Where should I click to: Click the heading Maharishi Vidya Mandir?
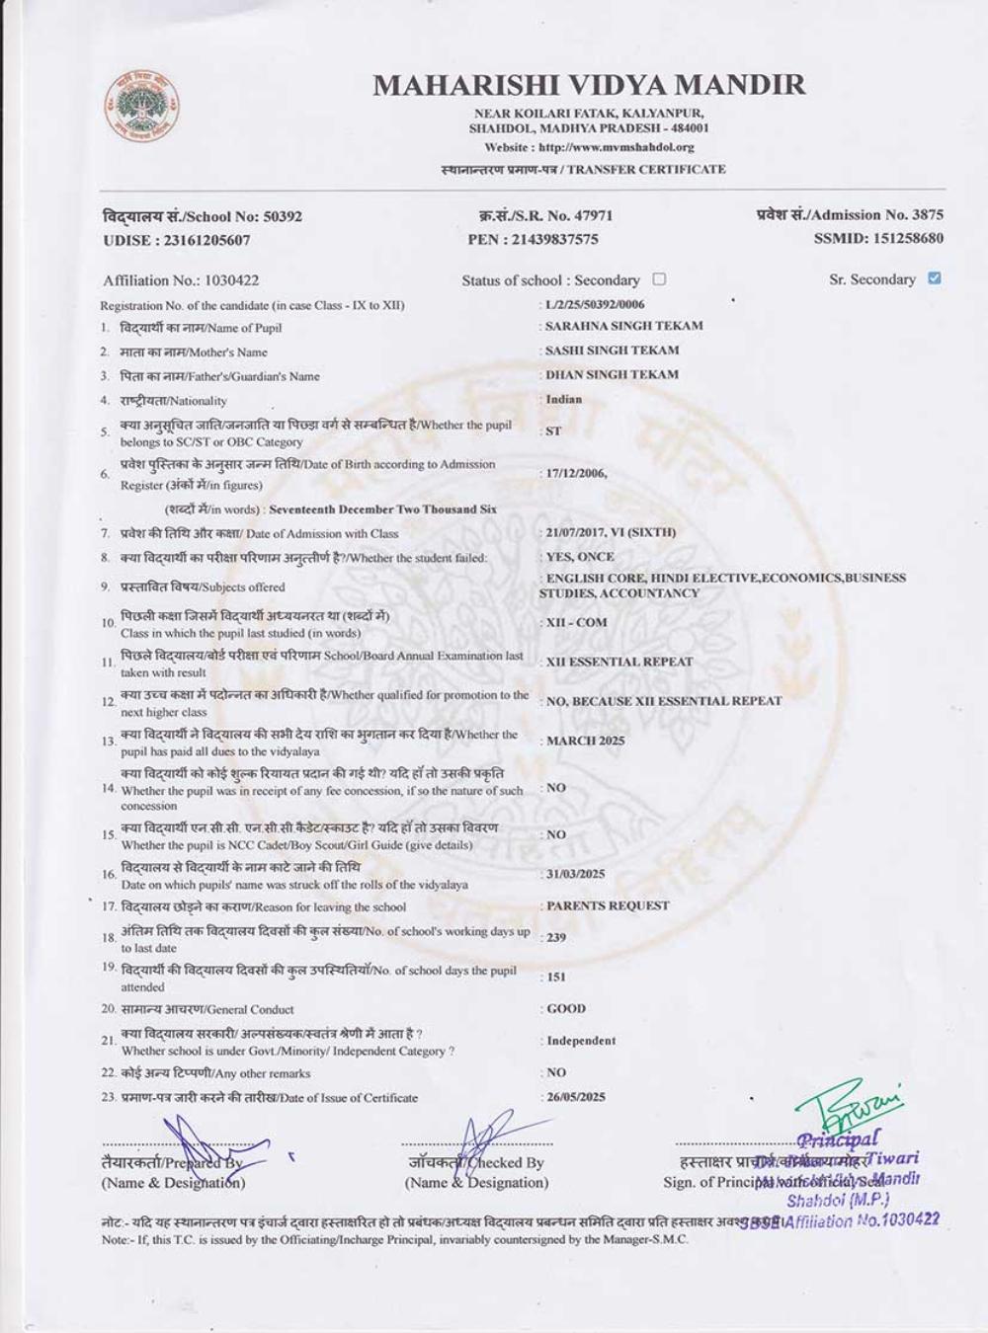pyautogui.click(x=589, y=85)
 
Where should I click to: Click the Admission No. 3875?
pyautogui.click(x=928, y=214)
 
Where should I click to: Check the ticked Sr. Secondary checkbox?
pyautogui.click(x=935, y=278)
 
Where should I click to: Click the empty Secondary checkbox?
pyautogui.click(x=660, y=279)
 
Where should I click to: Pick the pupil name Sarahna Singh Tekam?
pyautogui.click(x=624, y=326)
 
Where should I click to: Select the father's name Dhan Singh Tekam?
pyautogui.click(x=613, y=375)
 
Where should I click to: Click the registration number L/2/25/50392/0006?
pyautogui.click(x=595, y=304)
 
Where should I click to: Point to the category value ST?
pyautogui.click(x=553, y=431)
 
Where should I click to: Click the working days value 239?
pyautogui.click(x=555, y=937)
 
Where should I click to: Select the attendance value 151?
pyautogui.click(x=556, y=977)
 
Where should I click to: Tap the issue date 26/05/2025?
pyautogui.click(x=576, y=1097)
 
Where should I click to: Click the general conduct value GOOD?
pyautogui.click(x=566, y=1009)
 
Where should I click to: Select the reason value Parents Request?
pyautogui.click(x=608, y=905)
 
